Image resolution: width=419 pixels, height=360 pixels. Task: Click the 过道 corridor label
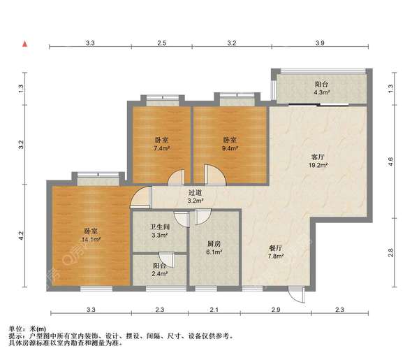coord(195,192)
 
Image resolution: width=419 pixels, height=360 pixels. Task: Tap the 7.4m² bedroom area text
coord(161,148)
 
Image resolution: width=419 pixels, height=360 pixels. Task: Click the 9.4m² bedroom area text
coord(230,148)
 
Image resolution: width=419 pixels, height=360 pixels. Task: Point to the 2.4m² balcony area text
coord(160,275)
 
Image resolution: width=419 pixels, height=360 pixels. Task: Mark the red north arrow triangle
coord(24,45)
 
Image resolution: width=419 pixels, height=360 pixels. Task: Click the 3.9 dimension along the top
coord(320,44)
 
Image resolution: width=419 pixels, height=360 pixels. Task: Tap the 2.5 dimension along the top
coord(161,44)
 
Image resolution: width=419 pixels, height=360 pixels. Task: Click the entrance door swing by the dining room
coord(299,295)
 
